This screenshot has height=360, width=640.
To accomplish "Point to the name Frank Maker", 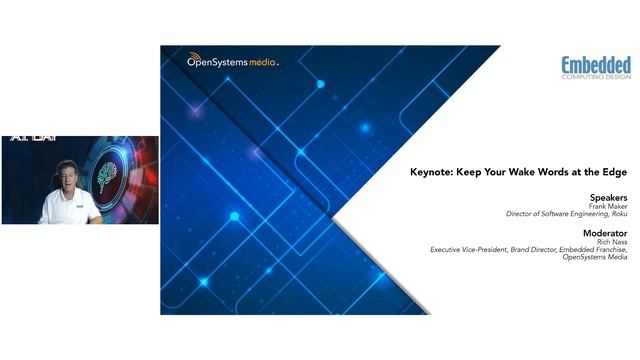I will pyautogui.click(x=604, y=207).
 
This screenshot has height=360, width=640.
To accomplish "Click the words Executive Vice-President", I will pyautogui.click(x=467, y=249).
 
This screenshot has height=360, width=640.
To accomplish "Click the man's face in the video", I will pyautogui.click(x=68, y=177).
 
